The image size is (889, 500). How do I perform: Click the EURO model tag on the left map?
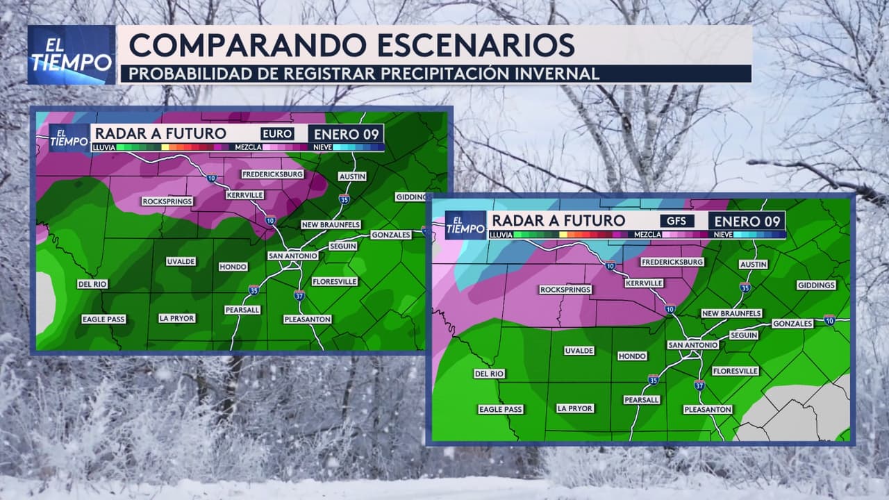(x=277, y=134)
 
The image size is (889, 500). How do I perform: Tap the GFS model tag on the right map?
(x=676, y=222)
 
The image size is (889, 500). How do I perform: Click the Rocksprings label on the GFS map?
(x=565, y=290)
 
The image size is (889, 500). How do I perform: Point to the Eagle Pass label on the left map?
(x=103, y=319)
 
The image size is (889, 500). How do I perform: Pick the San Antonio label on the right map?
(x=692, y=344)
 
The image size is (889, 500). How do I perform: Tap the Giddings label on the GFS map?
(x=816, y=285)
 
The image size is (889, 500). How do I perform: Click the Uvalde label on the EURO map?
(x=181, y=262)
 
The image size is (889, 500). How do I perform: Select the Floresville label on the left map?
(x=335, y=281)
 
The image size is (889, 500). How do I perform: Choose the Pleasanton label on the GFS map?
(x=708, y=410)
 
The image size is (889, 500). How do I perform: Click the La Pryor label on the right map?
(x=574, y=408)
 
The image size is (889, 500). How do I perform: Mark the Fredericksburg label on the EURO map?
(x=273, y=174)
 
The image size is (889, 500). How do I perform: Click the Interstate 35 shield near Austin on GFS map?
(x=745, y=287)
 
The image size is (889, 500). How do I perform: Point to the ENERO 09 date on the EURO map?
(x=346, y=134)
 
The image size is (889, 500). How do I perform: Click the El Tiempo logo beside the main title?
(x=72, y=55)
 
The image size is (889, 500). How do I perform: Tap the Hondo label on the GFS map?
(x=632, y=356)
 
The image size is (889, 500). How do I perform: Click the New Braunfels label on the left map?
(x=331, y=225)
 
